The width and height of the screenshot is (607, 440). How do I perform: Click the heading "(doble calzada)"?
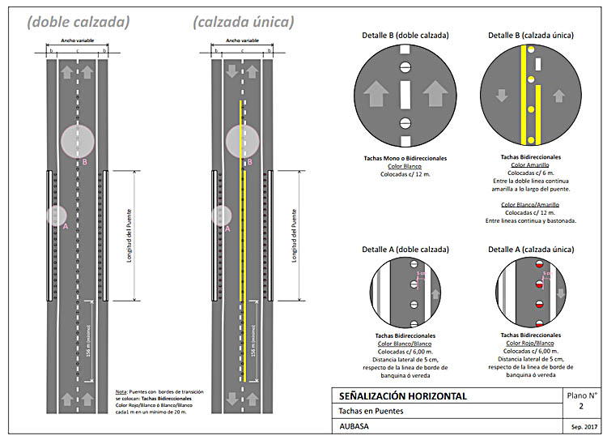(x=78, y=22)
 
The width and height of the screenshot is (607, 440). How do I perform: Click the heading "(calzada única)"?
(x=243, y=22)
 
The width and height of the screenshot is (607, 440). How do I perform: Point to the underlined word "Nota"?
(x=121, y=392)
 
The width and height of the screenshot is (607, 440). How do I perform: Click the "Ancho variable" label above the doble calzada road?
(x=77, y=39)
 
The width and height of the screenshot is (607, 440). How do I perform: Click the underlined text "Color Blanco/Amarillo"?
(x=531, y=205)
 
